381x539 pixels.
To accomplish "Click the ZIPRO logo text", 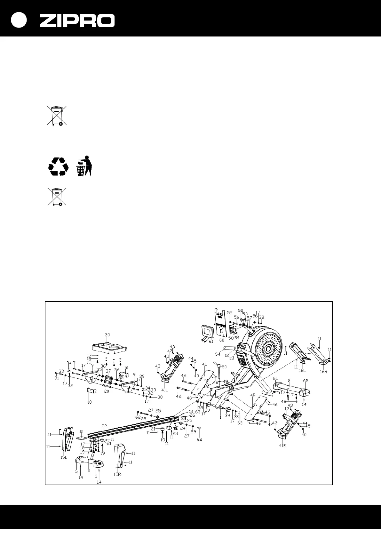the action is (x=77, y=20).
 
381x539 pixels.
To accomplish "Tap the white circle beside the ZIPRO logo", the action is (x=19, y=20).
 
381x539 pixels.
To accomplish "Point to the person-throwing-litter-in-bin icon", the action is (x=84, y=165).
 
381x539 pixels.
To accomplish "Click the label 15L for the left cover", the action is (x=64, y=457).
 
